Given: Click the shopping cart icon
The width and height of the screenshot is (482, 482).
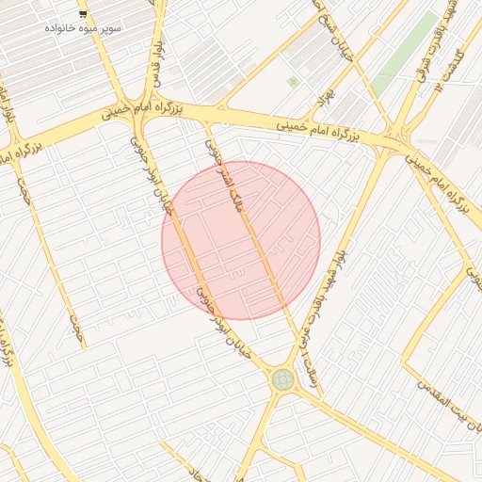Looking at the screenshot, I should click(x=83, y=14).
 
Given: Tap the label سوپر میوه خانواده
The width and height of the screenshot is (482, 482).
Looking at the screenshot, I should click(x=83, y=28).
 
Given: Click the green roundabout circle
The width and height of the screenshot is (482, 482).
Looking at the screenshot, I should click(x=281, y=379).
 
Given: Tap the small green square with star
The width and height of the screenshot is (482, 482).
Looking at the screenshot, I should click(x=293, y=82).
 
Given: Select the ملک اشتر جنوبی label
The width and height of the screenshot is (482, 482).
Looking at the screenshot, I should click(x=225, y=174).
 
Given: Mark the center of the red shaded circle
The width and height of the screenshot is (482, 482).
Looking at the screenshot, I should click(x=241, y=240).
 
